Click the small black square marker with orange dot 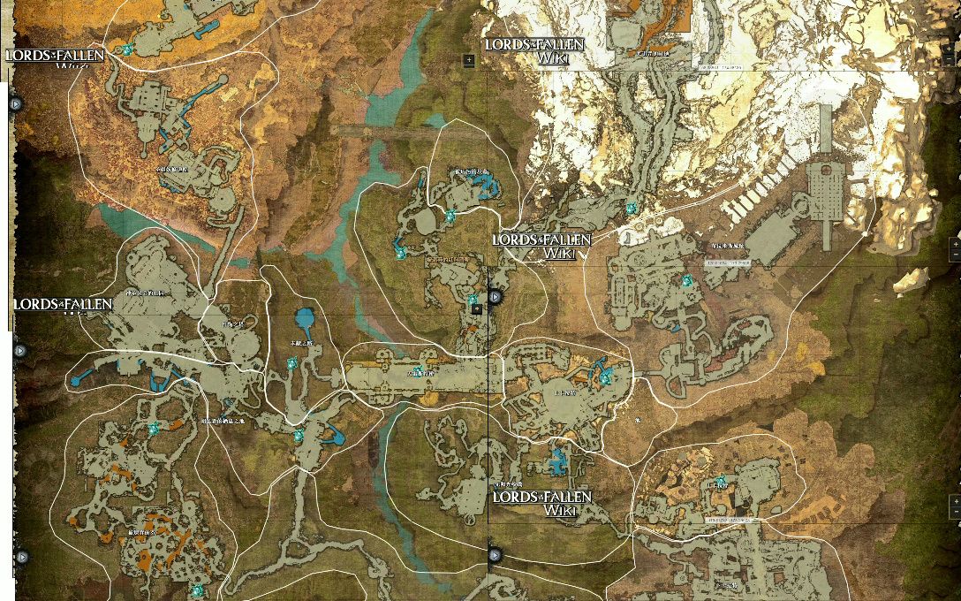(x=477, y=309)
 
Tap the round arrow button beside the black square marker (x=495, y=296)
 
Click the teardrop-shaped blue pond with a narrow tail (x=305, y=320)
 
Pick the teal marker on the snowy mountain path (x=632, y=209)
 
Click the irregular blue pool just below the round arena (x=557, y=461)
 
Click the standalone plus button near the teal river (x=469, y=60)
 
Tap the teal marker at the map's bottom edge (x=197, y=590)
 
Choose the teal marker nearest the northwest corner (x=127, y=49)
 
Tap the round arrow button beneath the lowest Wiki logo (x=495, y=555)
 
